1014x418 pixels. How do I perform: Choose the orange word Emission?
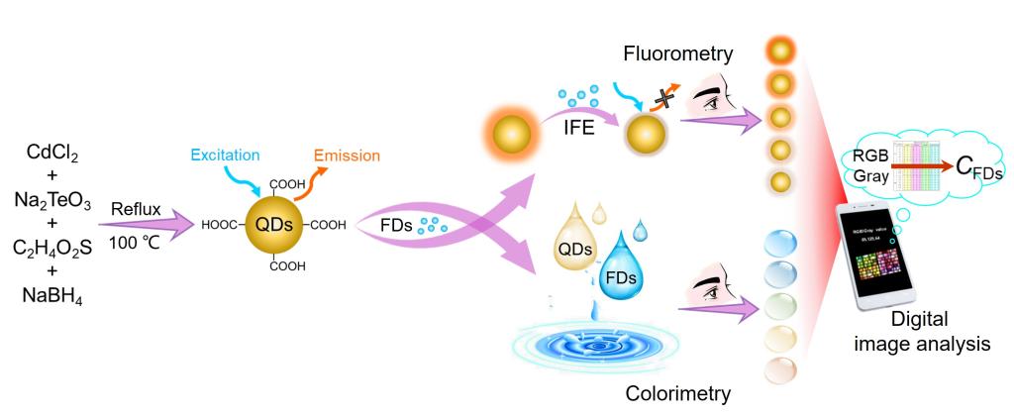click(348, 157)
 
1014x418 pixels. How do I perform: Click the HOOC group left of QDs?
click(219, 225)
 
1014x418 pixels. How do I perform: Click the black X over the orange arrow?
click(654, 96)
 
